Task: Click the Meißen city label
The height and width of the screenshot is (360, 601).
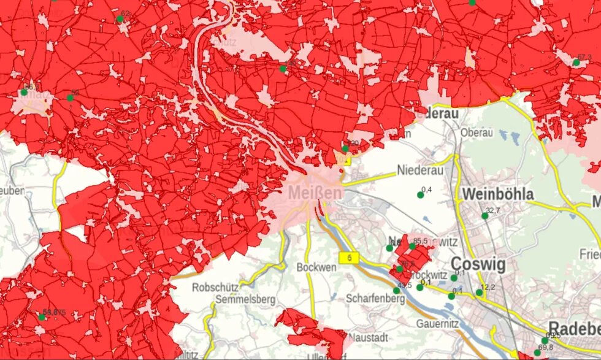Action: [315, 193]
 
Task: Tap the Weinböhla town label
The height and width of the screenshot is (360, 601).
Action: [497, 194]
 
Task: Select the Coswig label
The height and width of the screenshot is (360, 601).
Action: [478, 265]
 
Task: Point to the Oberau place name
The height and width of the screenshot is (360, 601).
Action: [477, 132]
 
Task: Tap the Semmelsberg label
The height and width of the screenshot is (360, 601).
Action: [245, 300]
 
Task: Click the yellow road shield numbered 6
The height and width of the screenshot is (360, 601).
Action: [350, 258]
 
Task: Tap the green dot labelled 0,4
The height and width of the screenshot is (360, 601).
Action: [420, 195]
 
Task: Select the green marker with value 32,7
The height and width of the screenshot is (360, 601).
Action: [484, 216]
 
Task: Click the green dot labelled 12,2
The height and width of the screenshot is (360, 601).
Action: [479, 293]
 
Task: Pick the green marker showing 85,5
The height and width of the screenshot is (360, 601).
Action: [413, 247]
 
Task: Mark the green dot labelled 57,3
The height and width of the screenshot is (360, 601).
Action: [576, 63]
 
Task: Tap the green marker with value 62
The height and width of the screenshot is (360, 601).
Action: [120, 19]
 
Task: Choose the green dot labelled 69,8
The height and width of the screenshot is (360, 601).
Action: [537, 353]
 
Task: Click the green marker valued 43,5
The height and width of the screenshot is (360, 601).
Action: [396, 291]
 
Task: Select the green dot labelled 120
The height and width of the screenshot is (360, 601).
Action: [345, 148]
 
